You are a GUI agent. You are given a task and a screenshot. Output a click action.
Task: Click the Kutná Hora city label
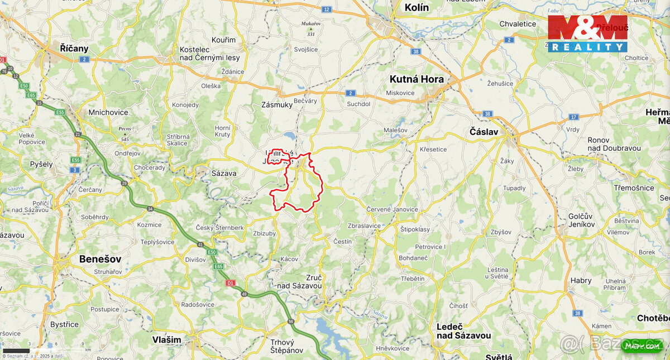(417, 79)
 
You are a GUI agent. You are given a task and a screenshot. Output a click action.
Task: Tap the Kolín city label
(417, 7)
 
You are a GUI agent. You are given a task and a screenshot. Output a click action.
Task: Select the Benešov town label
(100, 259)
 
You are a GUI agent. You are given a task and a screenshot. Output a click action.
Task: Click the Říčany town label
(74, 49)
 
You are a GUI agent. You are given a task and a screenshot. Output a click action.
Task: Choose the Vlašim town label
(167, 339)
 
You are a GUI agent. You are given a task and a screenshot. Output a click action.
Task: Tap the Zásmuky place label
(276, 105)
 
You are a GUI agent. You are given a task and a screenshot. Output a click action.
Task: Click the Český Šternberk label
(219, 228)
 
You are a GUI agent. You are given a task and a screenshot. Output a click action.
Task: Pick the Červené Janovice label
(392, 209)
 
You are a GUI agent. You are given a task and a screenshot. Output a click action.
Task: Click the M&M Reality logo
(587, 33)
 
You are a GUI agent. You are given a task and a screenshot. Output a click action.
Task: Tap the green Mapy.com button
(642, 346)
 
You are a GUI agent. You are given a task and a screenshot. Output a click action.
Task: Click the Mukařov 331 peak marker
(312, 30)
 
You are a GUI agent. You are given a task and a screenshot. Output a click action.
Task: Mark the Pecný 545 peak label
(125, 133)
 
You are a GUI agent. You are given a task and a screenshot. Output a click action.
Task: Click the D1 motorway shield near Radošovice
(230, 283)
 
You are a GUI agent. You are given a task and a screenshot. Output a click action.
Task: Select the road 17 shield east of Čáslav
(573, 117)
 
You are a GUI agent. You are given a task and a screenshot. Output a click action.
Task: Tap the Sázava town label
(224, 174)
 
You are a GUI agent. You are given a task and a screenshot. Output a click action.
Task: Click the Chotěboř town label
(653, 318)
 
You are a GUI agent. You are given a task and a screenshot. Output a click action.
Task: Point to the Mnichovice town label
(108, 112)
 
